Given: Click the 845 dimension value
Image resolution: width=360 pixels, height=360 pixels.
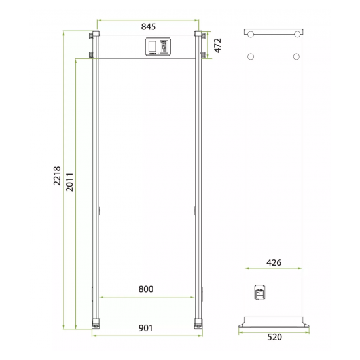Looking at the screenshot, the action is tap(149, 27).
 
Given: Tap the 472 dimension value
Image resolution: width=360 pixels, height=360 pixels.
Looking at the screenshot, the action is tap(217, 45).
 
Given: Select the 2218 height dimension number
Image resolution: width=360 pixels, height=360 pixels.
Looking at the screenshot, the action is tap(57, 175).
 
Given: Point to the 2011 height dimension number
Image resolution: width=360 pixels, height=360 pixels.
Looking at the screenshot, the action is tap(69, 183).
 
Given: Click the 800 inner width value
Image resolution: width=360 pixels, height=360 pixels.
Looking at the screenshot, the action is tap(146, 289).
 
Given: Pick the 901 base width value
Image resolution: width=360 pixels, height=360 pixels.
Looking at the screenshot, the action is tap(145, 328).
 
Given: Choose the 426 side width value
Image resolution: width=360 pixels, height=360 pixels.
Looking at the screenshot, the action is tap(274, 262).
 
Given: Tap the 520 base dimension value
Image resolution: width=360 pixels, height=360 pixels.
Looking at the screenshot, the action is tap(275, 337).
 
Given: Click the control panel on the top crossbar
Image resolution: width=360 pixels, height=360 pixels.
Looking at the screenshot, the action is tap(158, 47).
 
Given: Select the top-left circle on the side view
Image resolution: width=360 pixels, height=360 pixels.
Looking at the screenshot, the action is tap(251, 35).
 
